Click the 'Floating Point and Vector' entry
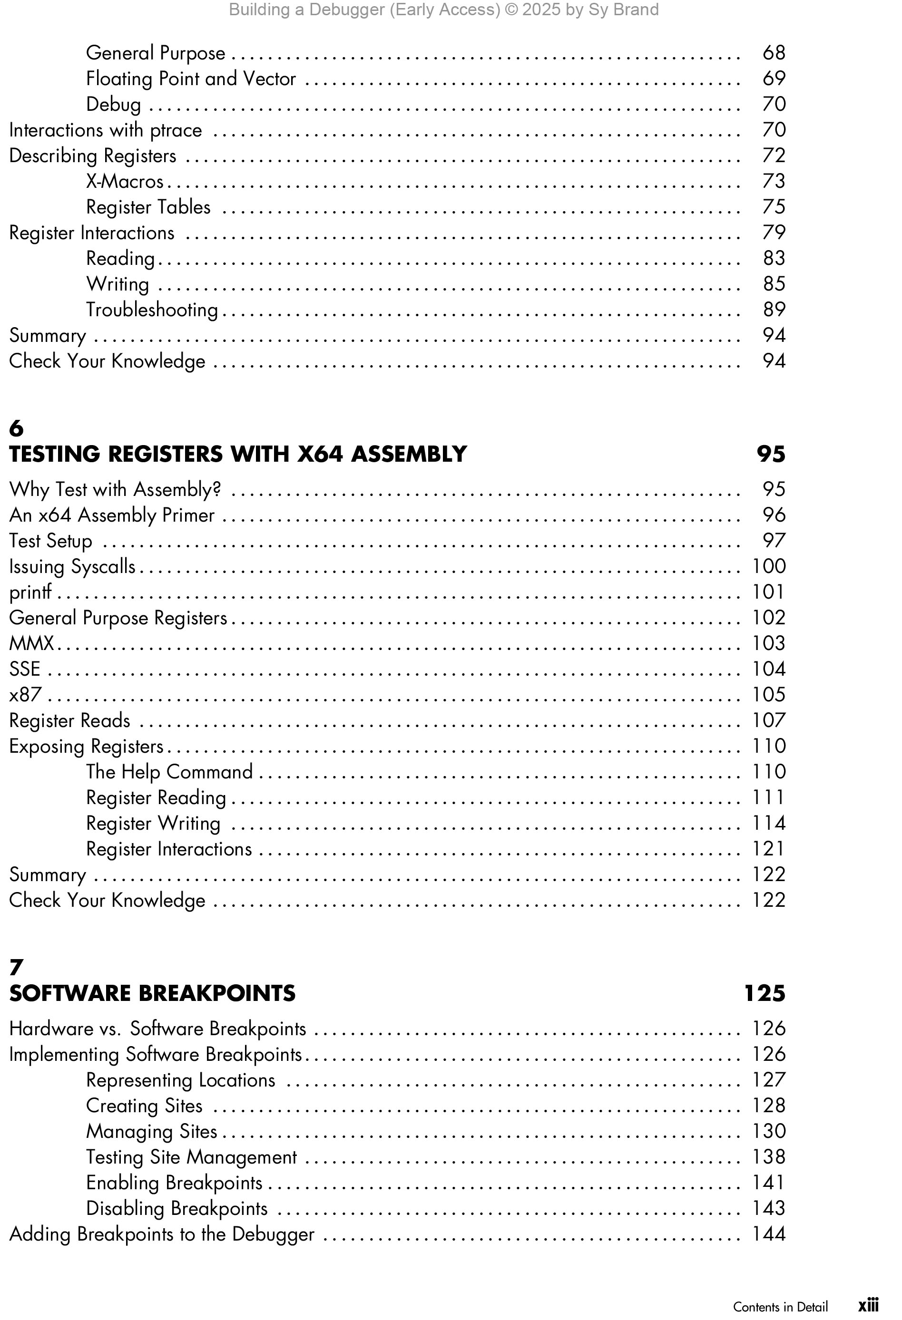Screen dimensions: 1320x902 [190, 78]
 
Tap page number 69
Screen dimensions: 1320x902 [774, 78]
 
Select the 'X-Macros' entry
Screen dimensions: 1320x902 [125, 181]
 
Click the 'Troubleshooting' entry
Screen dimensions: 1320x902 [152, 310]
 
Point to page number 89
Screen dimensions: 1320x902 [774, 310]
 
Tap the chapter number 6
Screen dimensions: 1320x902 [17, 428]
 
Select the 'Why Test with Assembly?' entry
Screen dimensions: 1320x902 [115, 489]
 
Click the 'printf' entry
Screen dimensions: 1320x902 [30, 592]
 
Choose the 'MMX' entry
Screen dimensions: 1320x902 [31, 643]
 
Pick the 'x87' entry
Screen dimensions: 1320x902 [25, 694]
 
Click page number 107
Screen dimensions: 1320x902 [768, 720]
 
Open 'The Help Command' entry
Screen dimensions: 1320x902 [169, 771]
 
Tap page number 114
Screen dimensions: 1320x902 [768, 823]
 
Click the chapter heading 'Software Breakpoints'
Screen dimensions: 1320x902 [152, 993]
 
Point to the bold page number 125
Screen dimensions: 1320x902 [765, 993]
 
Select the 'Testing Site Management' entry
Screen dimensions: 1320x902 [191, 1156]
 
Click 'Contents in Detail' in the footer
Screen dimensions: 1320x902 [780, 1306]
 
